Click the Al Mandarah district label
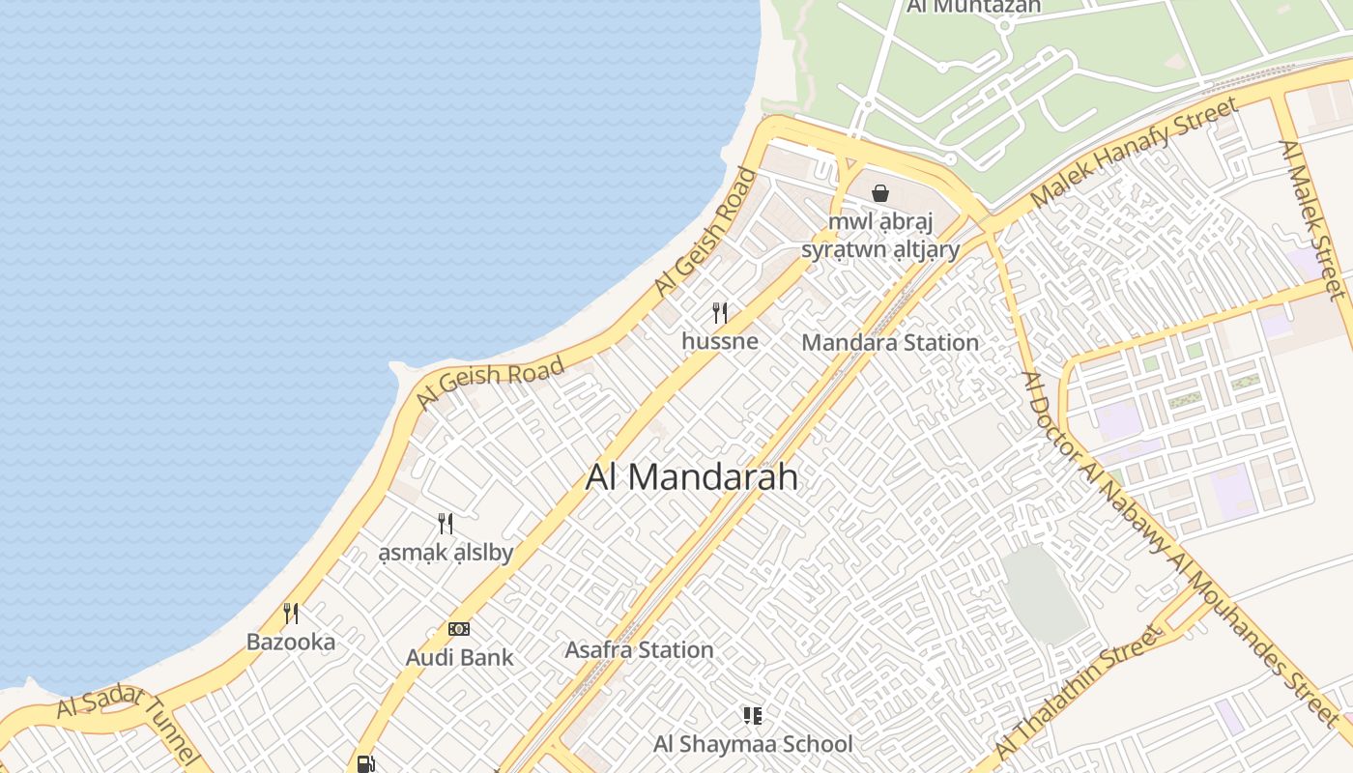[x=692, y=477]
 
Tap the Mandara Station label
[x=890, y=343]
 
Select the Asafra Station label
[x=639, y=650]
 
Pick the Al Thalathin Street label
[x=1075, y=694]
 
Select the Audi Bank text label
[x=459, y=658]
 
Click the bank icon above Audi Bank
[x=459, y=629]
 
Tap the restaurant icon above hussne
[x=719, y=312]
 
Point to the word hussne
[x=719, y=341]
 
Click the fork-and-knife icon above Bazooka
[x=291, y=613]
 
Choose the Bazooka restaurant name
[x=291, y=643]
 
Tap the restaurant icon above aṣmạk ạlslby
[x=446, y=524]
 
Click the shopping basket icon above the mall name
[x=880, y=193]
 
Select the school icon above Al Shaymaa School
[x=752, y=715]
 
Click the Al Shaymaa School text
[x=753, y=744]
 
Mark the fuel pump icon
[x=365, y=763]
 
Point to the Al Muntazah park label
[x=974, y=7]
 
